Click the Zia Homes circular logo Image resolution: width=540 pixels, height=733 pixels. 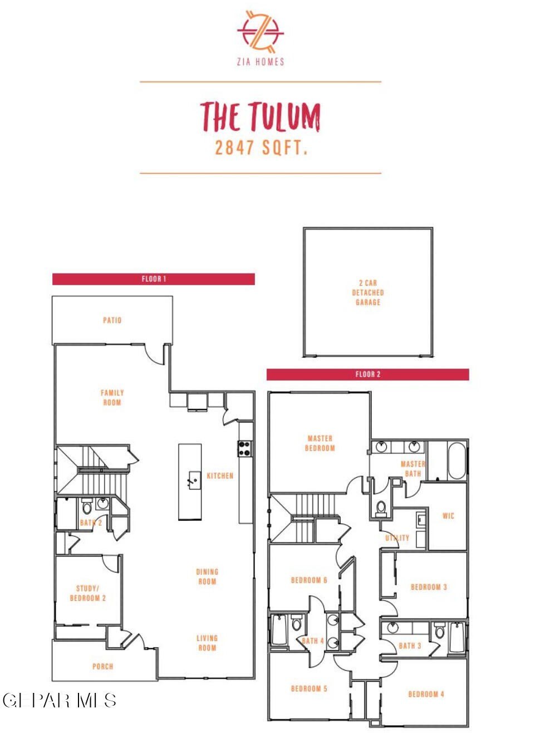(x=261, y=32)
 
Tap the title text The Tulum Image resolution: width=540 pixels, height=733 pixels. (x=261, y=116)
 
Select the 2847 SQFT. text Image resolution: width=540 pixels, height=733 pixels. (x=261, y=148)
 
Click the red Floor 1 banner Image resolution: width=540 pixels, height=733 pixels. (x=154, y=279)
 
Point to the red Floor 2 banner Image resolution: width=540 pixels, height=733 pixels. (x=367, y=374)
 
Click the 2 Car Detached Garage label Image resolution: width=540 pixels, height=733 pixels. (x=368, y=292)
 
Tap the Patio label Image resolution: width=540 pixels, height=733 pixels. (x=112, y=320)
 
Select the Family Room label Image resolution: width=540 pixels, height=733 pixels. (x=112, y=398)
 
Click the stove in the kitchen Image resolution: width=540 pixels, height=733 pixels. (x=245, y=448)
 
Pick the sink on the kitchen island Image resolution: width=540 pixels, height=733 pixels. (x=194, y=480)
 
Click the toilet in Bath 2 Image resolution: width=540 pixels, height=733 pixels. (x=87, y=506)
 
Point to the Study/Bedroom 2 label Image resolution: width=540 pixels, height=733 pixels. (x=87, y=593)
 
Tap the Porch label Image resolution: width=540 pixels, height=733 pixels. (x=102, y=666)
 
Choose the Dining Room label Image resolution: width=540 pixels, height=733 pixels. (x=207, y=576)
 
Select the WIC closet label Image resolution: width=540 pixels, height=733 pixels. (x=448, y=516)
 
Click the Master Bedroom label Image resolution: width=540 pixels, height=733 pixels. (x=320, y=443)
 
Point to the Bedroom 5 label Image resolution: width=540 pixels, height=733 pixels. (x=309, y=688)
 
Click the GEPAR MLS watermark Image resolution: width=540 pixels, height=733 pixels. (x=59, y=701)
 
